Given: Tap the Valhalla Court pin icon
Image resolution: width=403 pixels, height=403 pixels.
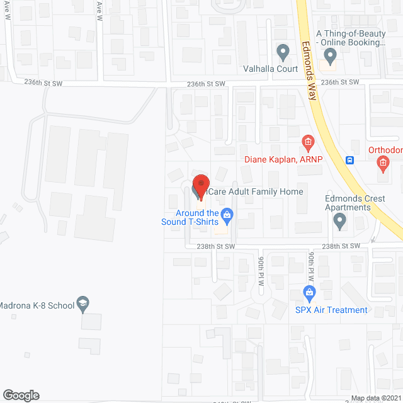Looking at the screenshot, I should coord(283,50).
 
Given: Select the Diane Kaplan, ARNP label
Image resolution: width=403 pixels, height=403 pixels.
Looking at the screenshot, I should coord(283,159).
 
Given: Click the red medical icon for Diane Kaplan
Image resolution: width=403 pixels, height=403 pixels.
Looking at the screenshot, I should coord(308,144).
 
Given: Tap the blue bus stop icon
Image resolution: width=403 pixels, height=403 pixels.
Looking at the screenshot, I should coord(350,160).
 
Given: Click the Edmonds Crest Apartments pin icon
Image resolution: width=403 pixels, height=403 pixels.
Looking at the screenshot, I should coord(340,221).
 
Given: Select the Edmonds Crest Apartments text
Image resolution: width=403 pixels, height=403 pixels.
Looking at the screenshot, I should coord(355,203).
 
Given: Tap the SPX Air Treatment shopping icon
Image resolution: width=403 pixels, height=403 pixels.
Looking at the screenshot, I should coord(309,293).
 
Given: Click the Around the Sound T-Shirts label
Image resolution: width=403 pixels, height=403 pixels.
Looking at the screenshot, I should coord(190,217).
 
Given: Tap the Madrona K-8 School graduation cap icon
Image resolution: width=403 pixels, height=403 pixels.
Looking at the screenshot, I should coord(82,304).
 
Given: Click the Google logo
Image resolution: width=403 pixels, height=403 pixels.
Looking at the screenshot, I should coord(20,395).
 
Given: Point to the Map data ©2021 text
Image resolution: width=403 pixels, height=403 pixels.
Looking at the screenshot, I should coord(375,398).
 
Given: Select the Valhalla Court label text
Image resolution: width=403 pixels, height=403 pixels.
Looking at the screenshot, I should coord(270,69).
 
